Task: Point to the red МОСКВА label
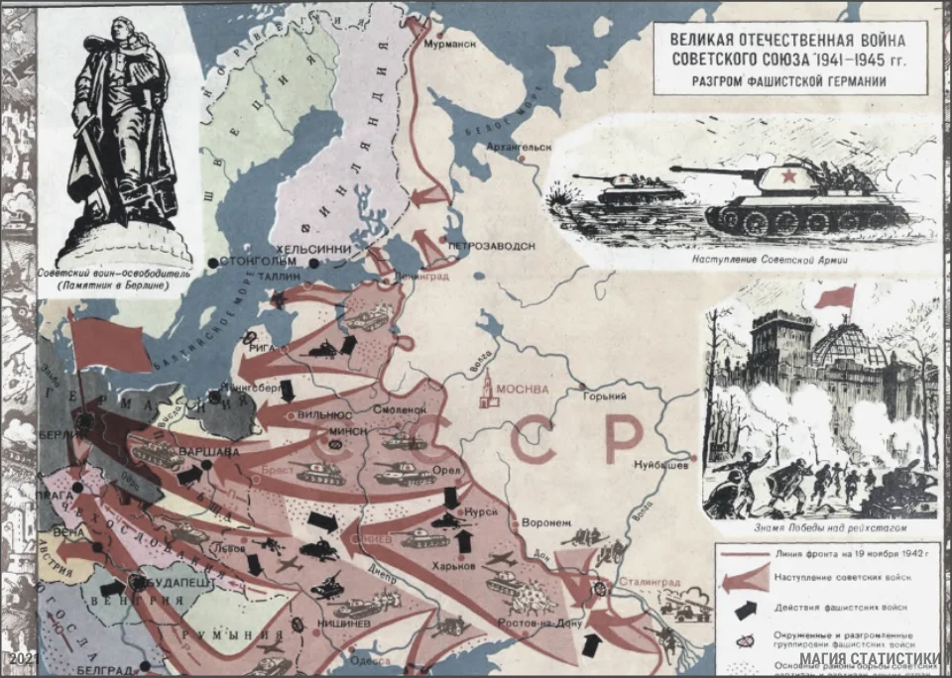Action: coord(523,389)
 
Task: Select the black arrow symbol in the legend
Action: coord(744,607)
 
